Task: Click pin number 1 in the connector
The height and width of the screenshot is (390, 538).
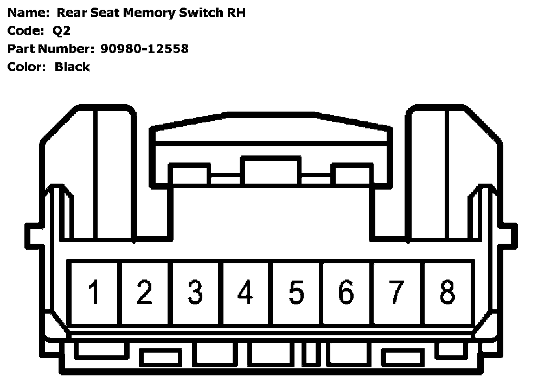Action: pyautogui.click(x=94, y=292)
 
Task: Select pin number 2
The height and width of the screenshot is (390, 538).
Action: pyautogui.click(x=144, y=292)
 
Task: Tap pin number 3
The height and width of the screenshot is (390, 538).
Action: pyautogui.click(x=195, y=292)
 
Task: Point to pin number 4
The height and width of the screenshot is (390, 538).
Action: pyautogui.click(x=245, y=292)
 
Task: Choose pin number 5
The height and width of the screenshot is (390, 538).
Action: pyautogui.click(x=296, y=292)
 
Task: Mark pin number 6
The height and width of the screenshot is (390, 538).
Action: pyautogui.click(x=346, y=292)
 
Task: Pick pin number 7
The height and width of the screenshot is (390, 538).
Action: pyautogui.click(x=396, y=292)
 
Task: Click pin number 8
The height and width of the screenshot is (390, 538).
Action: pyautogui.click(x=447, y=292)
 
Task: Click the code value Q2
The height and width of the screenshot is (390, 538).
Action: pyautogui.click(x=62, y=31)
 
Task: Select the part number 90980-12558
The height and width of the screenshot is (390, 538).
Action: pyautogui.click(x=144, y=49)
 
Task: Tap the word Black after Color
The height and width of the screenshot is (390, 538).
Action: pyautogui.click(x=72, y=67)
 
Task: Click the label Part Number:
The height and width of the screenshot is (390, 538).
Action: pyautogui.click(x=50, y=49)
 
